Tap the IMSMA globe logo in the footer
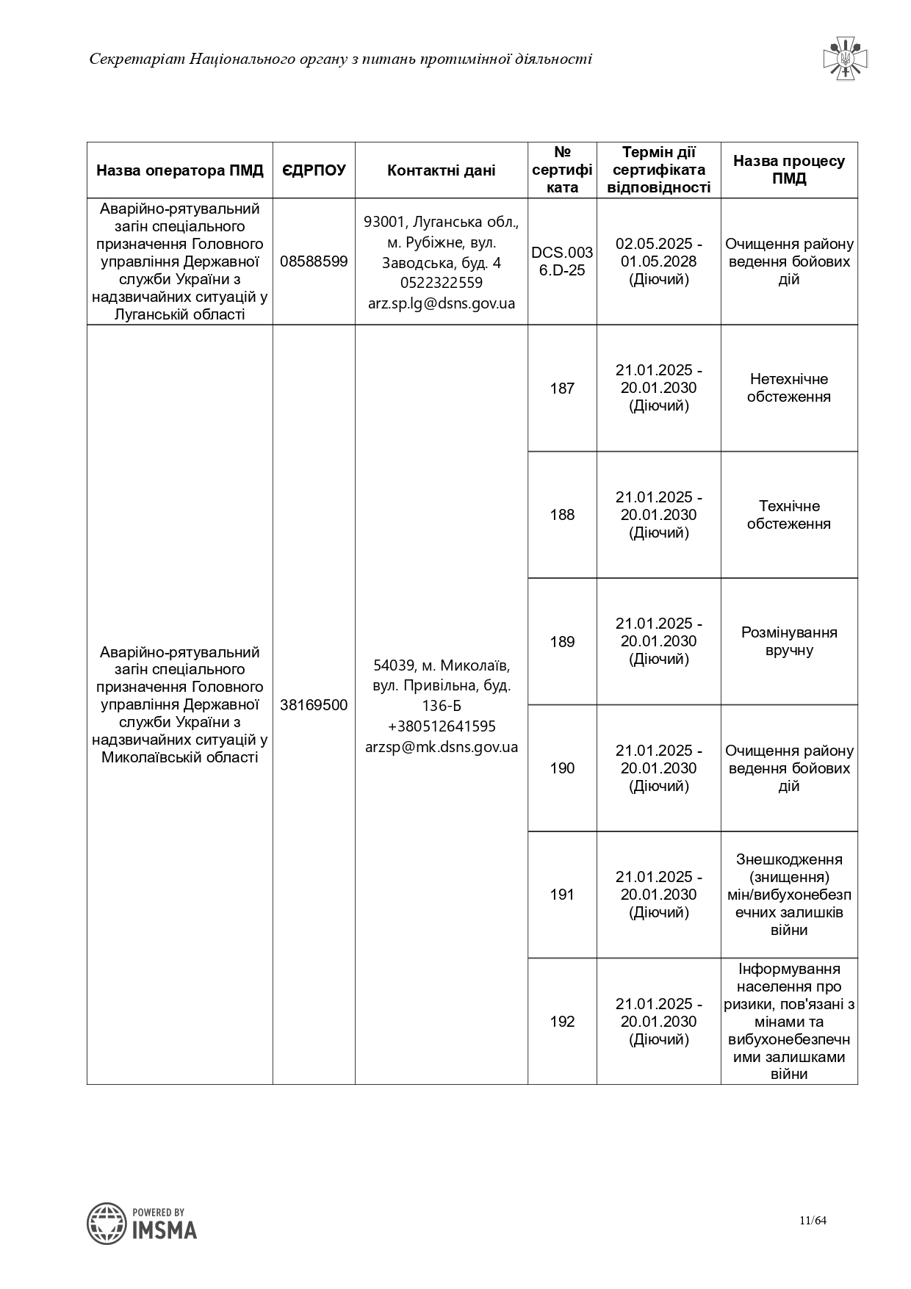point(107,1223)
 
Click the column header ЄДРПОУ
point(314,170)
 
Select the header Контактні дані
point(441,170)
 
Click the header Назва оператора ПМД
point(180,170)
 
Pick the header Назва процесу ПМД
point(789,170)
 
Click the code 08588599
point(314,261)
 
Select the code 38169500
point(314,705)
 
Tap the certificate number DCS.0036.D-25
point(562,261)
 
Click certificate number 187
point(562,389)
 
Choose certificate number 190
point(562,768)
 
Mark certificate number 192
point(562,1022)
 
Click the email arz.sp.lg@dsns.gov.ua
point(442,303)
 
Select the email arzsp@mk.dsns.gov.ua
point(442,747)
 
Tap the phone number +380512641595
point(442,726)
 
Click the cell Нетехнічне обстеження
point(789,388)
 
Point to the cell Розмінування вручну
point(789,641)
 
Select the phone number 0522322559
point(442,283)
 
